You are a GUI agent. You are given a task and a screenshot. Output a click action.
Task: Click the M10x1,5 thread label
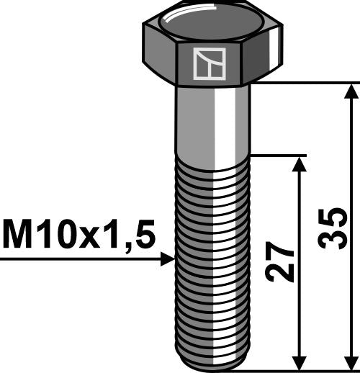[x=79, y=235]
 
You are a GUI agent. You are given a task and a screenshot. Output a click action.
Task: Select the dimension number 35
[x=333, y=229]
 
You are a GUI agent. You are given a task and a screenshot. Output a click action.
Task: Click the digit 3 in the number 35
[x=333, y=244]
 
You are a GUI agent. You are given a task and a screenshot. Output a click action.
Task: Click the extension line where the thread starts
[x=281, y=154]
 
